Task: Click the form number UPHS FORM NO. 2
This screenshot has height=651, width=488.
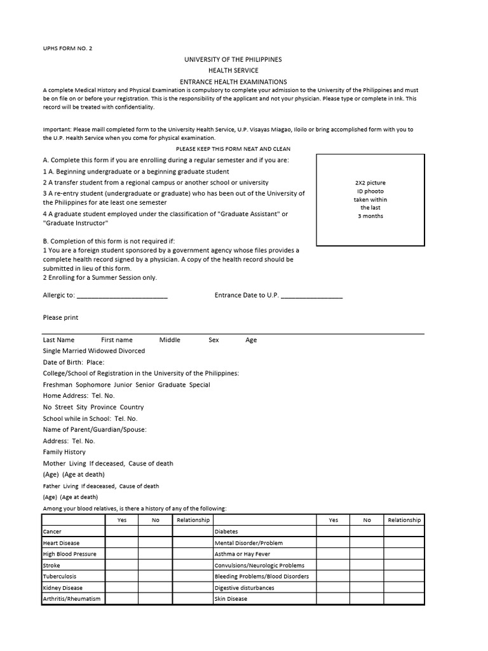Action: click(67, 48)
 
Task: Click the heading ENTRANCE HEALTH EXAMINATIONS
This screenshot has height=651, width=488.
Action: click(233, 81)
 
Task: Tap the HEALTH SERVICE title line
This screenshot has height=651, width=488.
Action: click(233, 71)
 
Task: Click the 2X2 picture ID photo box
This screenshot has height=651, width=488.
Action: click(370, 200)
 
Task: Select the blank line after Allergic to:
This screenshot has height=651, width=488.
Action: click(121, 296)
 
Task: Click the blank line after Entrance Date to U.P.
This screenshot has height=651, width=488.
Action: click(311, 296)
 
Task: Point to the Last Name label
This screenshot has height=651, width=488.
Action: click(58, 340)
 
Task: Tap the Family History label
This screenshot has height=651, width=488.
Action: click(64, 452)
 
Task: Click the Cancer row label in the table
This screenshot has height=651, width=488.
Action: click(52, 531)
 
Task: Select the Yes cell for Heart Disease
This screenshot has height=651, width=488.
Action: click(122, 543)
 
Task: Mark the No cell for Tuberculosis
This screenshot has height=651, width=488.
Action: click(156, 577)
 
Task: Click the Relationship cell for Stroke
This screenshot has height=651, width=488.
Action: click(193, 565)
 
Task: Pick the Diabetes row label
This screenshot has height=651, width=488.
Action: click(226, 531)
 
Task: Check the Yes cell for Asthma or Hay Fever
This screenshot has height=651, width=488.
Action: click(334, 554)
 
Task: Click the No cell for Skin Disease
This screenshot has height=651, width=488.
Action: click(367, 599)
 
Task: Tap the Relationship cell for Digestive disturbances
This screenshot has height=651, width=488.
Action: click(404, 588)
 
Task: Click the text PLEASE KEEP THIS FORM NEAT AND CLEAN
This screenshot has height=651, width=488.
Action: click(233, 149)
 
